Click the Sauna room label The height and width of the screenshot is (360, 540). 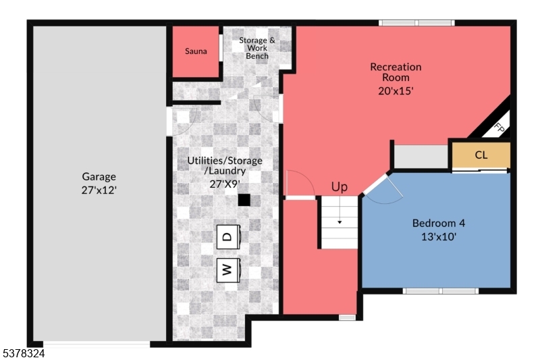196,51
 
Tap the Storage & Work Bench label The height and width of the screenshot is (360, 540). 257,48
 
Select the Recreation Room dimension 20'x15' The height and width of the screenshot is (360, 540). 396,89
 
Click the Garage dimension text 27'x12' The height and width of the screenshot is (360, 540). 99,190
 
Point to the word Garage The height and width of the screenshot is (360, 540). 99,177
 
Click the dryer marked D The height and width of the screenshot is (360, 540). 227,236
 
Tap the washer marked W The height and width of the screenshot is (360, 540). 227,270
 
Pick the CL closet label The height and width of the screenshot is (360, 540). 481,155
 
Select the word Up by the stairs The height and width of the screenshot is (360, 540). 340,186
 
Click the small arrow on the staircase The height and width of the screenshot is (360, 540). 340,222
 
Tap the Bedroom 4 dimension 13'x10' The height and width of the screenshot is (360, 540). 439,236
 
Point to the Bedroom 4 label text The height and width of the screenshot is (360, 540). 439,223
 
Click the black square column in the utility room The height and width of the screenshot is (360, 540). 244,200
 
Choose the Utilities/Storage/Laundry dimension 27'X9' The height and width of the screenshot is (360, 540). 225,184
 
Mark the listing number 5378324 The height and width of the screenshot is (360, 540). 23,353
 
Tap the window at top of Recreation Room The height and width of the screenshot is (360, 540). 416,23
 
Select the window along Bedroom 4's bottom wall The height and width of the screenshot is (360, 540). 441,291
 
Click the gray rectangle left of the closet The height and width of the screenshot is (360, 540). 421,157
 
